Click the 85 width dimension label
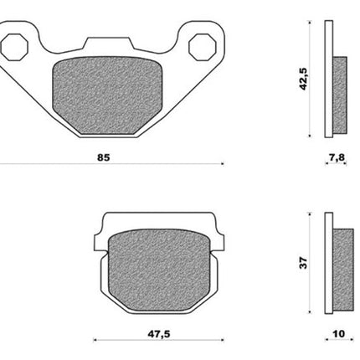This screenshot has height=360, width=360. click(104, 157)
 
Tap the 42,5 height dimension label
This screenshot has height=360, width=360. click(303, 79)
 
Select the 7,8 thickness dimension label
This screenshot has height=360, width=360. click(337, 157)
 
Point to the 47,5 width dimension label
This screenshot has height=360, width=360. click(158, 334)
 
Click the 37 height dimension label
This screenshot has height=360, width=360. click(303, 263)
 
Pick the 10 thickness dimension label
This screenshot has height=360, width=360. click(339, 334)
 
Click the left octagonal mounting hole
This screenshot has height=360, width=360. click(14, 47)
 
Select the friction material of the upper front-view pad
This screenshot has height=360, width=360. click(107, 95)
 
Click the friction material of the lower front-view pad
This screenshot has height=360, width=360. click(159, 270)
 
